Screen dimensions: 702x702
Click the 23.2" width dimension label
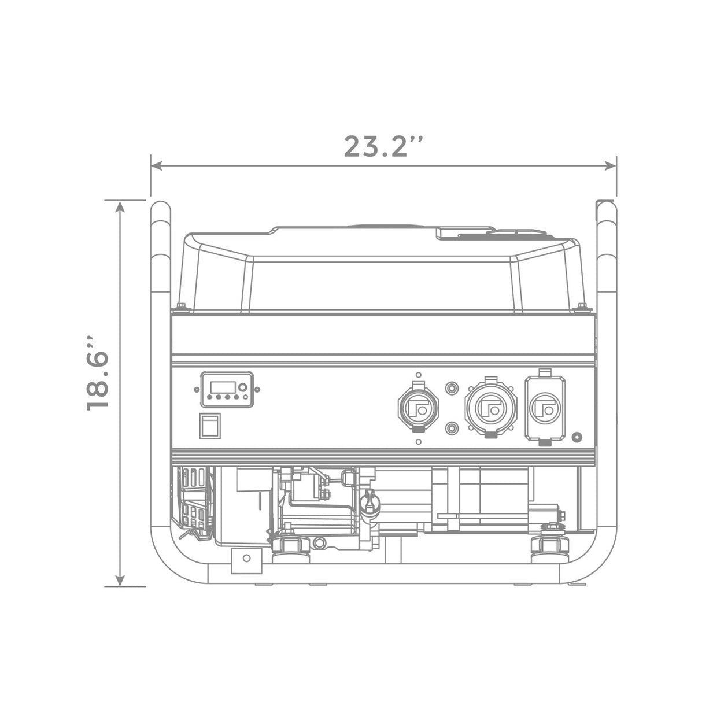383,146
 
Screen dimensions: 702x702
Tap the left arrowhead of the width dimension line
157,166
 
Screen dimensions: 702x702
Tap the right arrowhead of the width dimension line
611,166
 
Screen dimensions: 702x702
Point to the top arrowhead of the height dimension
120,207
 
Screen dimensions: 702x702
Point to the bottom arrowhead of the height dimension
120,581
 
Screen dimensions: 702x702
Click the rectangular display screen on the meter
223,387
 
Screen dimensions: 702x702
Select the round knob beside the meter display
243,387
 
